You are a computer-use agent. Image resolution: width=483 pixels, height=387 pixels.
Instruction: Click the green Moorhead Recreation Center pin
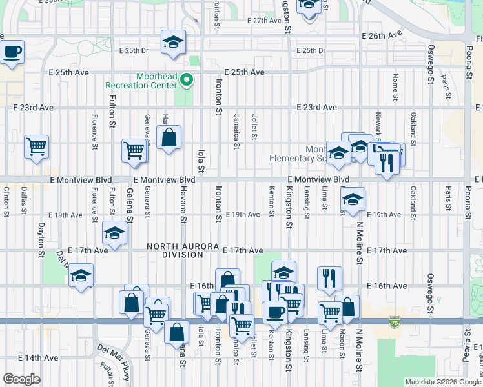tap(187, 81)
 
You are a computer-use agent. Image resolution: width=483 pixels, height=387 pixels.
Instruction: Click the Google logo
tap(21, 379)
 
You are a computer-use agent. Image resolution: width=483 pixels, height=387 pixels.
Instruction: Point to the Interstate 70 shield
tap(395, 321)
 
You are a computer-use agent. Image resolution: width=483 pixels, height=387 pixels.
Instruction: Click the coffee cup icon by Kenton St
tap(275, 313)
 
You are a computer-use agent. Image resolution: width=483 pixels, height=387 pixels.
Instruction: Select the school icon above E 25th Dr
tap(173, 42)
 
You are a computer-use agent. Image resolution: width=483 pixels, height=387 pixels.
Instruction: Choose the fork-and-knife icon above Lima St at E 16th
tap(329, 278)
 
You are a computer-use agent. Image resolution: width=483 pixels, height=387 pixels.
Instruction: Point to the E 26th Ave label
tap(382, 34)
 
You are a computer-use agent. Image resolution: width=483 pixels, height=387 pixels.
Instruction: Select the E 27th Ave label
tap(264, 21)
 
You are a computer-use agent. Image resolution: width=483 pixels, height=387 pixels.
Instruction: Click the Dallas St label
tap(24, 197)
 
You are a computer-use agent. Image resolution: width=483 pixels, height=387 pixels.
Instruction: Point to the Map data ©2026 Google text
tap(443, 382)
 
